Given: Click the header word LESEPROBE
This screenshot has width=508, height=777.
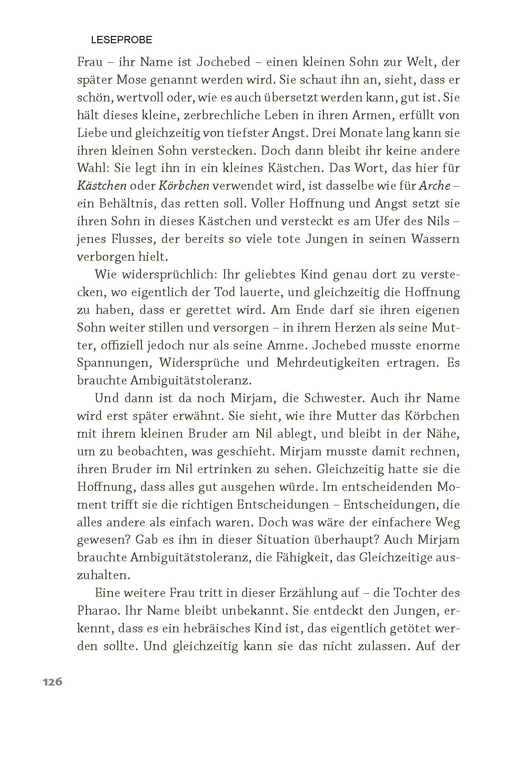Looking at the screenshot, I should pos(121,40).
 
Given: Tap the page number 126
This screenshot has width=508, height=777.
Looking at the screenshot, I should pos(52,682).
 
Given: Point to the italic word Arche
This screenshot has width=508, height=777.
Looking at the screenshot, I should pos(434,186).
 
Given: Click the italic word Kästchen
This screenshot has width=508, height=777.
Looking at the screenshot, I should pos(101,186).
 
